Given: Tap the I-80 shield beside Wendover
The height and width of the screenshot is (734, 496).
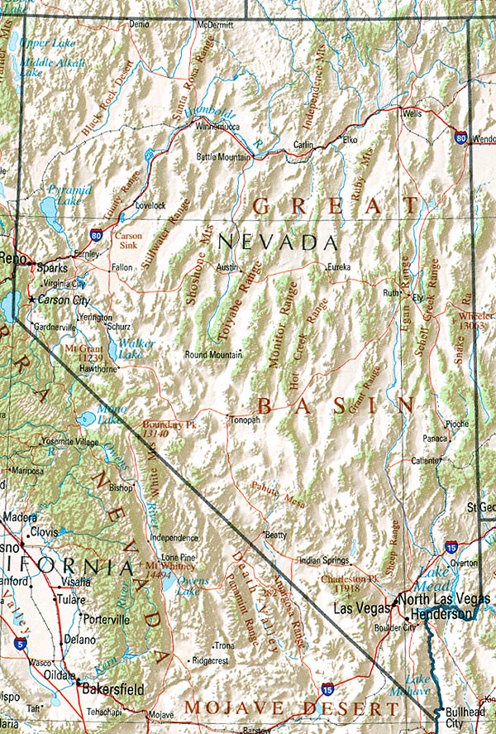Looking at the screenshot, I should click(x=459, y=138).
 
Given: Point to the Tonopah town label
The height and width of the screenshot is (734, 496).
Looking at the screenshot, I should click(x=245, y=420).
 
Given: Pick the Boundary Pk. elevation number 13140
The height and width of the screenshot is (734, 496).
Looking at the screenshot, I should click(x=155, y=433).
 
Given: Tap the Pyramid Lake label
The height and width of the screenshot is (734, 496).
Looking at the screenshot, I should click(x=64, y=194).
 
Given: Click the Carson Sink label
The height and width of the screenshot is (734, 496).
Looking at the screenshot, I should click(x=129, y=240).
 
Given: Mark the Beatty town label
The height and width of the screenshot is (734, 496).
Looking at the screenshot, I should click(x=275, y=535).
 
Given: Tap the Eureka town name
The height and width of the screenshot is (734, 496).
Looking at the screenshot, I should click(x=339, y=267).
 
